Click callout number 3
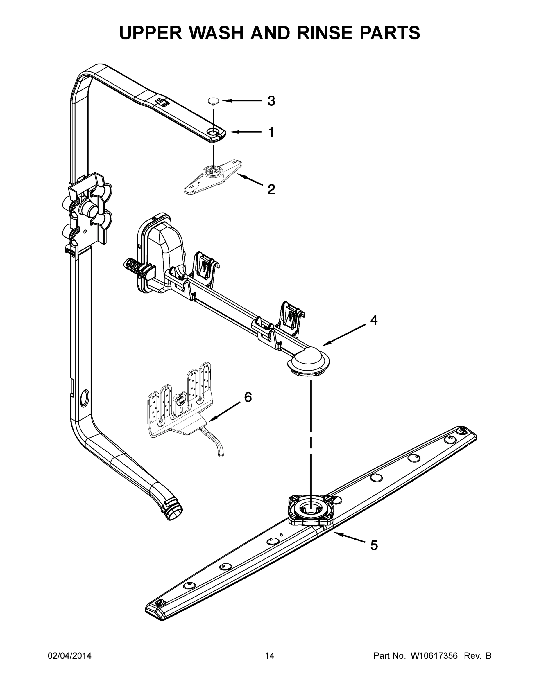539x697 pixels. (x=271, y=101)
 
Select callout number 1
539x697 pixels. (x=271, y=132)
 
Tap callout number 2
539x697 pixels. (x=271, y=189)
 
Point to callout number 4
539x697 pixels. (x=374, y=320)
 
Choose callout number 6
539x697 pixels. (x=248, y=397)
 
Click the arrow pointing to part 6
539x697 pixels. (x=223, y=412)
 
